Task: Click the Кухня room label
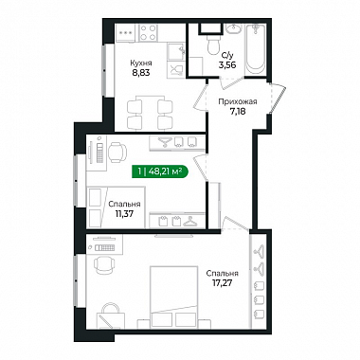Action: pos(141,63)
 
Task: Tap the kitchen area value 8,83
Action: pos(141,73)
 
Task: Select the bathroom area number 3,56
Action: pos(227,65)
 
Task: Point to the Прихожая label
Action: pos(238,101)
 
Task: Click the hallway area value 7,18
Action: pos(238,111)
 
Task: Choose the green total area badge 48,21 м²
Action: pos(160,171)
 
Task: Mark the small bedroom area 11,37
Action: pos(124,214)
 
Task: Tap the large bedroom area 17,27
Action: pos(223,282)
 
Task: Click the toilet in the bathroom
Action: pos(214,44)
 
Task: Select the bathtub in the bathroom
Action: pos(255,49)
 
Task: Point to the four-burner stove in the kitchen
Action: pos(148,32)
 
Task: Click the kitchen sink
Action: pos(175,51)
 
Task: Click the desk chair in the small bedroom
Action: pos(117,152)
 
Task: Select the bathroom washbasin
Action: pos(233,29)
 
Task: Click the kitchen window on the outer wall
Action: pos(103,71)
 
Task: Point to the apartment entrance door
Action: pos(279,99)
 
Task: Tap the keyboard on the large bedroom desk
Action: pos(104,248)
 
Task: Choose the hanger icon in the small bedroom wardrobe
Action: pos(189,222)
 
